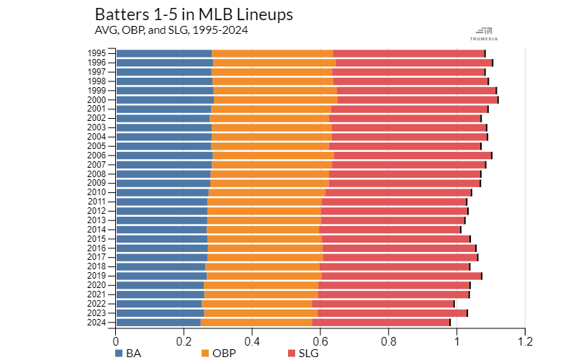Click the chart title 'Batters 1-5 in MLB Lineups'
click(x=194, y=14)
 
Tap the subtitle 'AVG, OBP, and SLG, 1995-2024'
click(x=176, y=30)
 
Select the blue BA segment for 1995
click(x=163, y=53)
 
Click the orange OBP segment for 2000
click(x=276, y=99)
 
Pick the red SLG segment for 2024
click(x=381, y=322)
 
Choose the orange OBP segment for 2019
click(x=264, y=276)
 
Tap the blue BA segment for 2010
click(x=162, y=192)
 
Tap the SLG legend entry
click(x=302, y=353)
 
